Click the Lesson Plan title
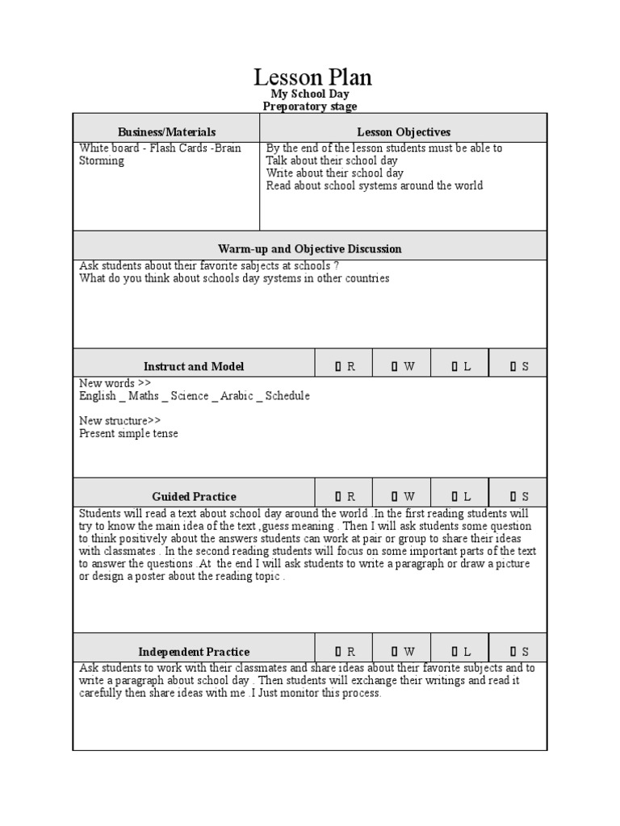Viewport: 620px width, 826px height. [312, 77]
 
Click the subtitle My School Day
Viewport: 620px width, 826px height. [310, 94]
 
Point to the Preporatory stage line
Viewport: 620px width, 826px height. [310, 106]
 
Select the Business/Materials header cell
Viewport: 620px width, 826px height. [166, 131]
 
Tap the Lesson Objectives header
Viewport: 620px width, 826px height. [404, 131]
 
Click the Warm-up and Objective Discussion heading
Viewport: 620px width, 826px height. [309, 248]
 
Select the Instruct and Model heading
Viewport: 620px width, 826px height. [194, 366]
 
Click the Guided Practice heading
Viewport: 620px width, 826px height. [194, 496]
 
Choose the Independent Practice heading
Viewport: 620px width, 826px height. [194, 651]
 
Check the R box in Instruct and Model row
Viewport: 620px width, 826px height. [339, 366]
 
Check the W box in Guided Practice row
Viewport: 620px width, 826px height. [395, 496]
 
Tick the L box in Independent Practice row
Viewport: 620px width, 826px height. [455, 651]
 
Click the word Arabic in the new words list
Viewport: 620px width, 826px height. [237, 396]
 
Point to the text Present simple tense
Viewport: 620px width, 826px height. [128, 433]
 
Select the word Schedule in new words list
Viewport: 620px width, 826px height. [287, 396]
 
